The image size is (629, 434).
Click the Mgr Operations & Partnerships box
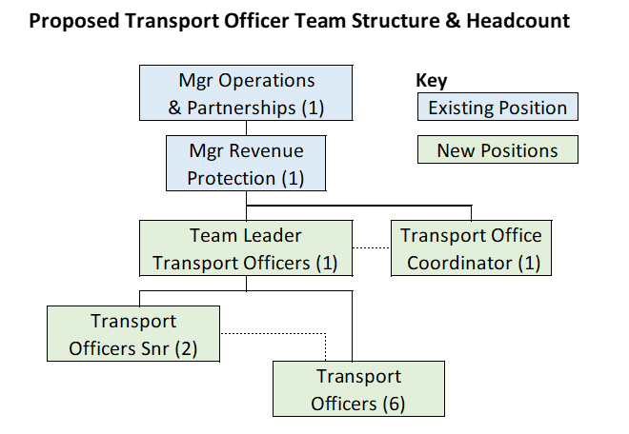tap(247, 94)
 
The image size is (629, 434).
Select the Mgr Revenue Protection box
tap(247, 165)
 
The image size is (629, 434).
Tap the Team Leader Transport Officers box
tap(247, 249)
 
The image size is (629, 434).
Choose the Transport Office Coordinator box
tap(471, 249)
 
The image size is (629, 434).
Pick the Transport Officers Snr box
tap(133, 334)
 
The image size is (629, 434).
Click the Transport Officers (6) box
tap(358, 389)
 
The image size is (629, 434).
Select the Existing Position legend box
tap(497, 108)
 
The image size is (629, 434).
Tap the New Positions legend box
tap(497, 150)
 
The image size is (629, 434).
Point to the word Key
tap(432, 82)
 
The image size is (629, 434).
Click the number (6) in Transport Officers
tap(394, 404)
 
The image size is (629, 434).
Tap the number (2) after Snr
tap(185, 348)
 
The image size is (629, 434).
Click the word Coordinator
tap(460, 264)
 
